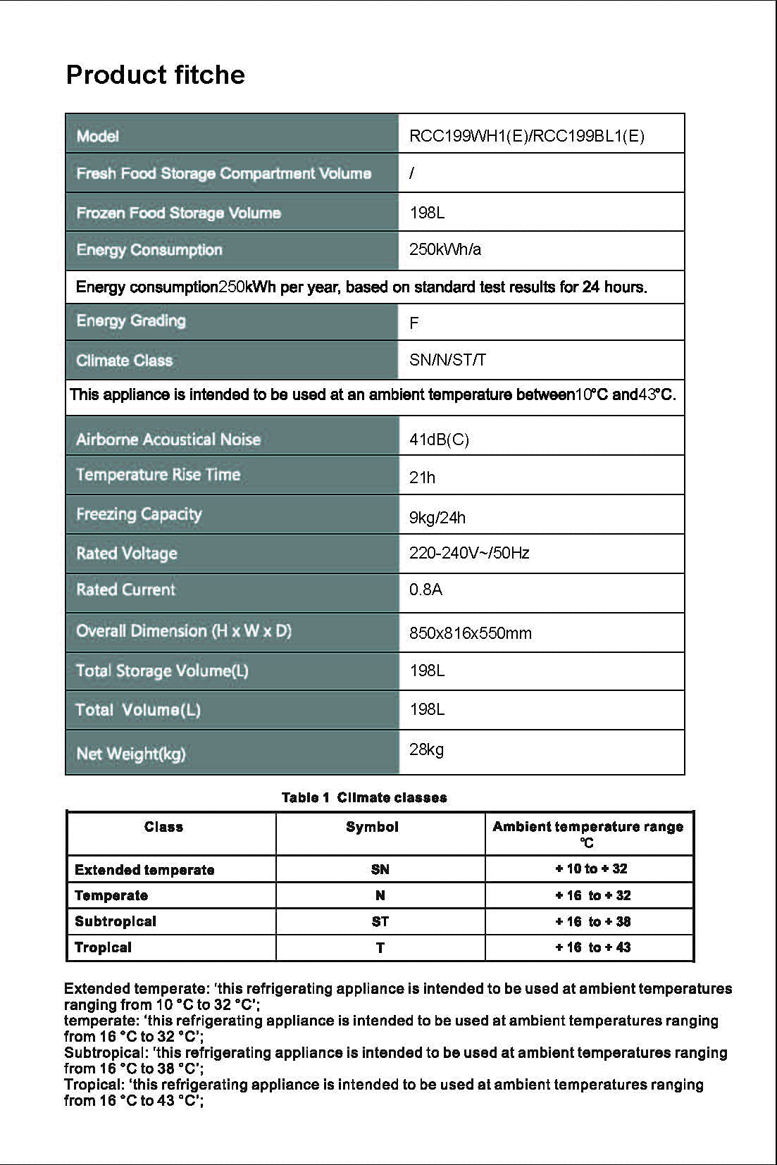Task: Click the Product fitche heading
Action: (155, 75)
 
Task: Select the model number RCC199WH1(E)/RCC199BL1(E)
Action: (526, 136)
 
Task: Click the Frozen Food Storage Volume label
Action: (178, 213)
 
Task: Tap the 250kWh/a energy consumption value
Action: (445, 249)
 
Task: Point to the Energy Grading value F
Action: (414, 323)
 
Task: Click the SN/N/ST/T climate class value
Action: (447, 361)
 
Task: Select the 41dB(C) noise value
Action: (439, 440)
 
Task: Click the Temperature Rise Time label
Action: (158, 475)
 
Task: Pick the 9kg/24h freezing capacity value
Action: (437, 518)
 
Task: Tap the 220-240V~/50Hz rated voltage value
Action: (469, 553)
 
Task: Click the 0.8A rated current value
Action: (425, 590)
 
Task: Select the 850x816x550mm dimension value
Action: (470, 633)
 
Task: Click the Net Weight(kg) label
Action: (130, 754)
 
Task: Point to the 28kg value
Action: (426, 749)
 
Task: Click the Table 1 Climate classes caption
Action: (364, 797)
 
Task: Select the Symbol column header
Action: (372, 827)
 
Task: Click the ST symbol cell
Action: (380, 921)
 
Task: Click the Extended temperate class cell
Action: (144, 870)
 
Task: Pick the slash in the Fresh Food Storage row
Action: (411, 173)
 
